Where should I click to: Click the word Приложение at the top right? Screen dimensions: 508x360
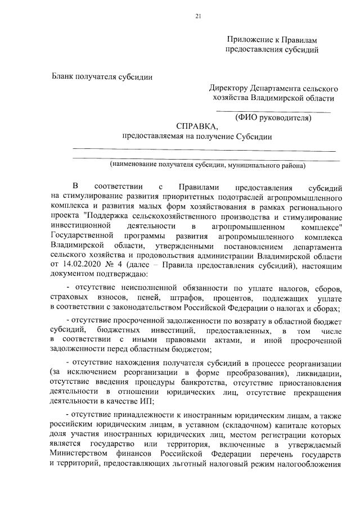tap(248, 40)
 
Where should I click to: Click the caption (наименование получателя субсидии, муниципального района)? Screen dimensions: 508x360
tap(208, 165)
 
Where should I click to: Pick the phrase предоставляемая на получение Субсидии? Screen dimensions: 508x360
tap(197, 137)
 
